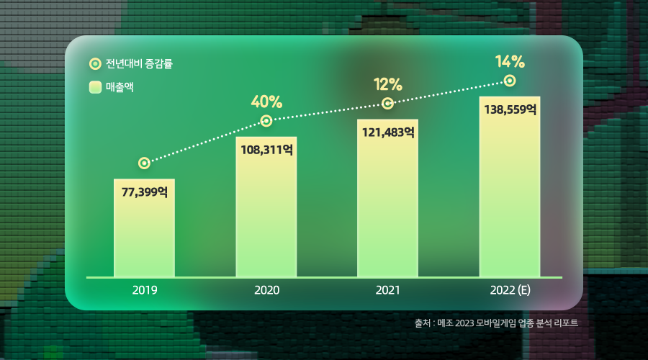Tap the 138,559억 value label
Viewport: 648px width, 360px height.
pyautogui.click(x=510, y=109)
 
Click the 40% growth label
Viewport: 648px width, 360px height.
pyautogui.click(x=266, y=101)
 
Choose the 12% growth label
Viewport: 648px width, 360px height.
pyautogui.click(x=387, y=84)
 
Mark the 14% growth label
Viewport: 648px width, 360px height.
pyautogui.click(x=510, y=61)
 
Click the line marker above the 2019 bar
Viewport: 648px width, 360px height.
pyautogui.click(x=144, y=163)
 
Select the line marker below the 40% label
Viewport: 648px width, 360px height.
pyautogui.click(x=266, y=120)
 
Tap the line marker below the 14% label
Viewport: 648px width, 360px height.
pyautogui.click(x=510, y=81)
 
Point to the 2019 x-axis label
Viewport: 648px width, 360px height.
pyautogui.click(x=144, y=291)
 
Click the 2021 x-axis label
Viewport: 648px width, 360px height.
pyautogui.click(x=387, y=291)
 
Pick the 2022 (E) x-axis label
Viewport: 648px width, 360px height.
pyautogui.click(x=510, y=291)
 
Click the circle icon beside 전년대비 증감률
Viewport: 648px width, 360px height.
pyautogui.click(x=94, y=63)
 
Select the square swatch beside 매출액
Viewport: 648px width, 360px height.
pyautogui.click(x=94, y=88)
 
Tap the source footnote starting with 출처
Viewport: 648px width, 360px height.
pyautogui.click(x=496, y=323)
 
